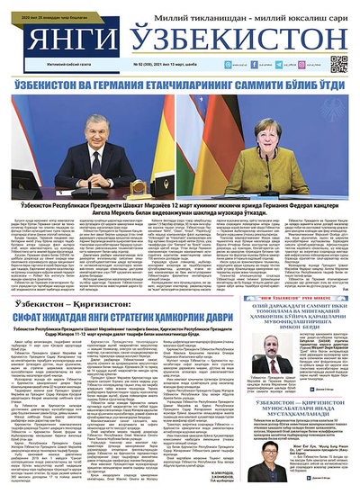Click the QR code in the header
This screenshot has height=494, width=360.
[x=339, y=64]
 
